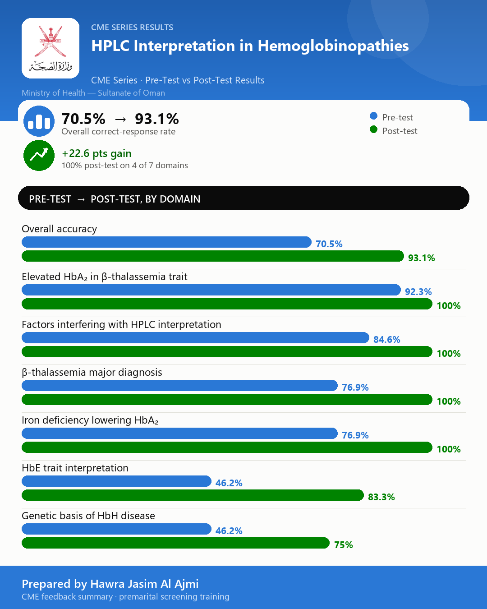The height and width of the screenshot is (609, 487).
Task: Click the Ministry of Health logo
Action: click(x=51, y=48)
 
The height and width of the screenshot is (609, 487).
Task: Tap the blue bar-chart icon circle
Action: click(x=39, y=121)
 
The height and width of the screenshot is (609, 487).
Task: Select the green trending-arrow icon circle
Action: click(x=39, y=155)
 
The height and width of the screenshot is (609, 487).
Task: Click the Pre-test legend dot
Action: click(x=373, y=116)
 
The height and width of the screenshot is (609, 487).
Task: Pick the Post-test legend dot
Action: click(x=373, y=129)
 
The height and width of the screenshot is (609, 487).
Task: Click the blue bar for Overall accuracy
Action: click(x=167, y=242)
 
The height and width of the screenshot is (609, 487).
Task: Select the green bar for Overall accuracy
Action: click(x=213, y=256)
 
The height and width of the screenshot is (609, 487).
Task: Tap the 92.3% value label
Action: click(x=418, y=291)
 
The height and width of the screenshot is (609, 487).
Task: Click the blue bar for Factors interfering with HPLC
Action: click(x=196, y=337)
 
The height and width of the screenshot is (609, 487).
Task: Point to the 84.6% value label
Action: click(x=387, y=339)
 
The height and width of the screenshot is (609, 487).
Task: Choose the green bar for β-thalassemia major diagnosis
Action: click(x=227, y=399)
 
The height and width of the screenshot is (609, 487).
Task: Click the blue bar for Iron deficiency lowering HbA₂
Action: click(x=179, y=433)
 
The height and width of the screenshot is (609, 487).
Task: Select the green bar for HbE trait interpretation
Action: click(x=193, y=495)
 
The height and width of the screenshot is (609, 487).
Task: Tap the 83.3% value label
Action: click(x=381, y=497)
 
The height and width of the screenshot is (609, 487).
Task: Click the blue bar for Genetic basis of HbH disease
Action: click(x=117, y=529)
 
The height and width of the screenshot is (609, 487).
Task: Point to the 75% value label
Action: click(x=344, y=545)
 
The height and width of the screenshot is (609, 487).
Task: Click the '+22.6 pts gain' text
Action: click(x=96, y=153)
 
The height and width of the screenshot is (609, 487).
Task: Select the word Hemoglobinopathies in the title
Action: click(x=333, y=46)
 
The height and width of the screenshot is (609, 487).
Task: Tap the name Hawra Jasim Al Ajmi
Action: click(x=144, y=584)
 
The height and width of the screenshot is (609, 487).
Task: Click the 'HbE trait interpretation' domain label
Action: click(x=75, y=468)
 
